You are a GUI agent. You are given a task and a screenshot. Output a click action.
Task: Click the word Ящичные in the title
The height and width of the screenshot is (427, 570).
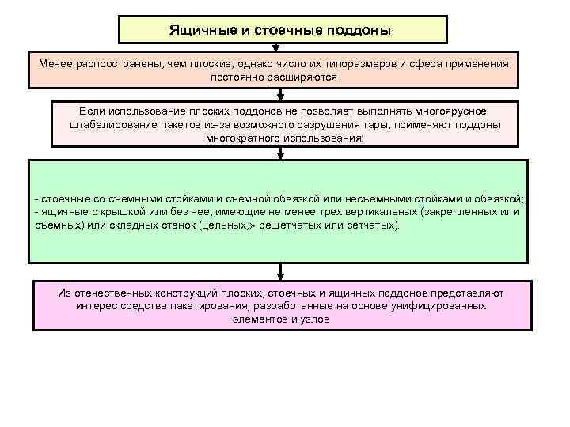(x=198, y=30)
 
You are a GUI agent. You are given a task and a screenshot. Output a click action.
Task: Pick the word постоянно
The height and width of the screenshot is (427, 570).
(x=237, y=77)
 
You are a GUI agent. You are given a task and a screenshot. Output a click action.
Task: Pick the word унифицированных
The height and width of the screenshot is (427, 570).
(x=433, y=305)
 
